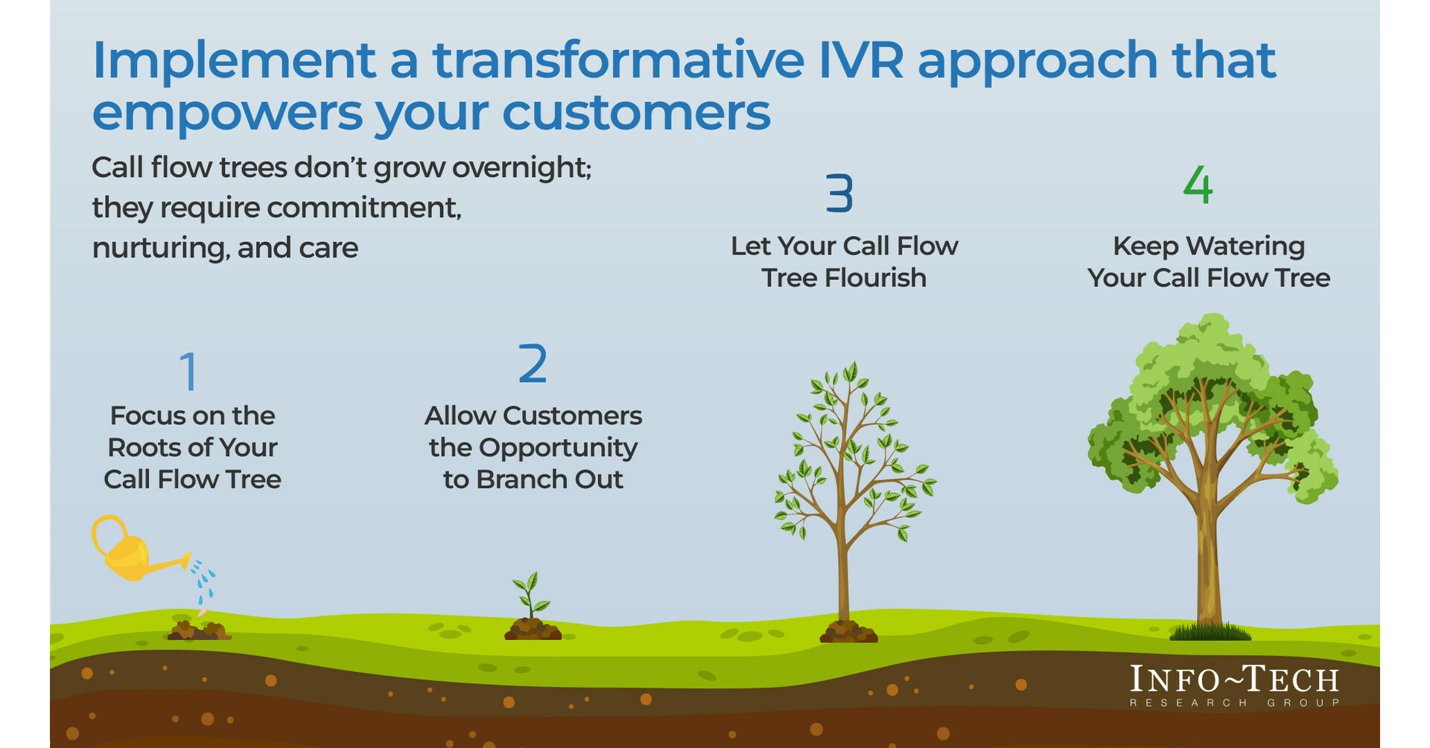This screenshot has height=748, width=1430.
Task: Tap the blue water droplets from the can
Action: tap(203, 581)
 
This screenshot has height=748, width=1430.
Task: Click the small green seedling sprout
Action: tap(530, 595)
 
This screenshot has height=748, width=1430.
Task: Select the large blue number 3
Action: tap(839, 194)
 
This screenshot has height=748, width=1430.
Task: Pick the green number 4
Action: tap(1198, 185)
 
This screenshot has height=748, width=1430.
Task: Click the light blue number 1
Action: tap(189, 371)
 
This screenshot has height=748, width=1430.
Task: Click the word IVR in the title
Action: tap(860, 60)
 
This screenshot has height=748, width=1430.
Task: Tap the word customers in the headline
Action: tap(636, 113)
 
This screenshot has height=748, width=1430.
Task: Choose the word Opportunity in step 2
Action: tap(558, 447)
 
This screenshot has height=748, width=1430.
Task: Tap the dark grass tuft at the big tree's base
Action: tap(1210, 633)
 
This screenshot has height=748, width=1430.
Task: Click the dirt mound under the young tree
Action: tap(848, 633)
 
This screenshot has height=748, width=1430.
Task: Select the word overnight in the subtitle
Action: tap(521, 167)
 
